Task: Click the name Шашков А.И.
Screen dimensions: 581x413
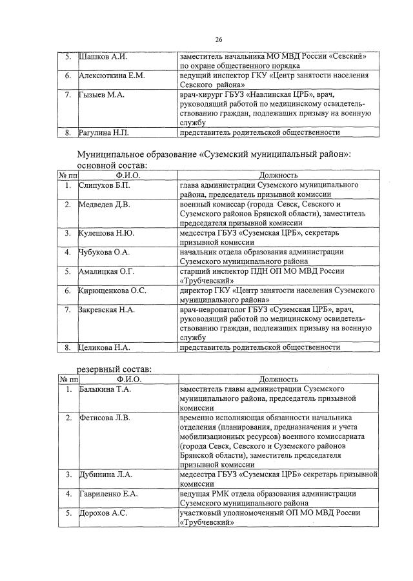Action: (103, 57)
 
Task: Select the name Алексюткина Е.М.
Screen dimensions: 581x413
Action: (111, 76)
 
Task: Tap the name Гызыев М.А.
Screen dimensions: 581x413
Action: (101, 95)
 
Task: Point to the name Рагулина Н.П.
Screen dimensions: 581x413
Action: (104, 133)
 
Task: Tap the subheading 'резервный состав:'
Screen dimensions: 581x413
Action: (106, 369)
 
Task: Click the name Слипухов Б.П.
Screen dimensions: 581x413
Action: (105, 185)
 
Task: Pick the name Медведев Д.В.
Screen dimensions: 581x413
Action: (105, 205)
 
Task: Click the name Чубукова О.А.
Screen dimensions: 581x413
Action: (104, 252)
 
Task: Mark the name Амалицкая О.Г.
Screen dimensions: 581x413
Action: (106, 271)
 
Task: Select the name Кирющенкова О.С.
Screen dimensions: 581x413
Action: (112, 290)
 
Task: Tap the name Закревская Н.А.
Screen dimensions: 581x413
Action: (106, 310)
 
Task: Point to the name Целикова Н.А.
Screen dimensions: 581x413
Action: (104, 347)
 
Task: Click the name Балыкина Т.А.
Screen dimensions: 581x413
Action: (105, 390)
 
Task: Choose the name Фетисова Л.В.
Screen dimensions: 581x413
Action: (104, 418)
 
